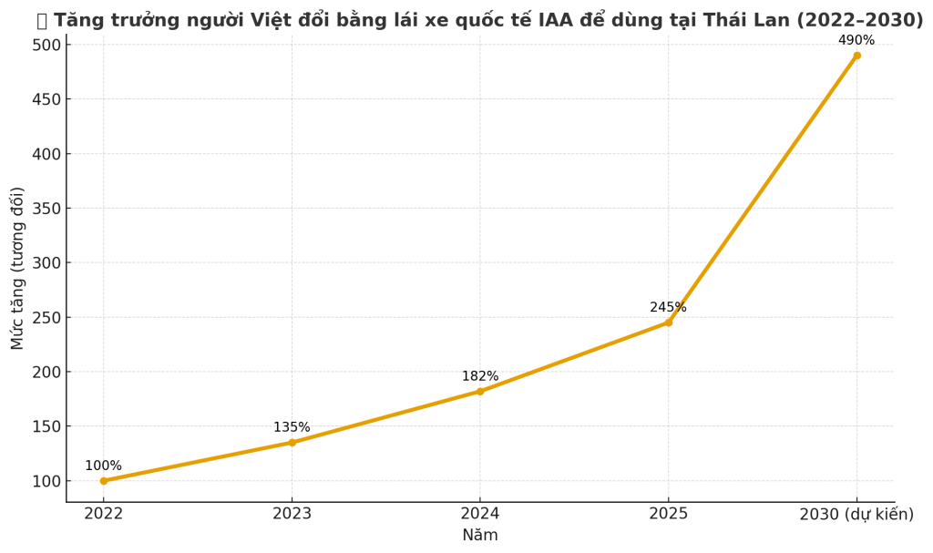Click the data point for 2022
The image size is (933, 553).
(x=104, y=481)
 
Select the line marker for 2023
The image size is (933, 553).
(x=292, y=443)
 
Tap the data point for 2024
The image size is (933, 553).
(x=480, y=392)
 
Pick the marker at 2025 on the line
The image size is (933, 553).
(x=668, y=323)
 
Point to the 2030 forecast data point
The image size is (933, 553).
(x=856, y=56)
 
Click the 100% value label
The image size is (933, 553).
(x=103, y=466)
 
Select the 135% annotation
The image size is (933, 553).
(x=292, y=427)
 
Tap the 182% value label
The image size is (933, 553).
(x=480, y=376)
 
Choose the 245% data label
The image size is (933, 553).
(x=668, y=307)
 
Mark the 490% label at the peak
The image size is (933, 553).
(x=856, y=40)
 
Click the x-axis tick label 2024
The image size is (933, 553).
(x=480, y=514)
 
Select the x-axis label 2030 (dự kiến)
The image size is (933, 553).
(x=856, y=514)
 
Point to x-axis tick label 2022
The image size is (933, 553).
(x=104, y=514)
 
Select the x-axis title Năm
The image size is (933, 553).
(x=480, y=536)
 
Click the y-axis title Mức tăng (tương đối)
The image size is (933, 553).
(x=18, y=268)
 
